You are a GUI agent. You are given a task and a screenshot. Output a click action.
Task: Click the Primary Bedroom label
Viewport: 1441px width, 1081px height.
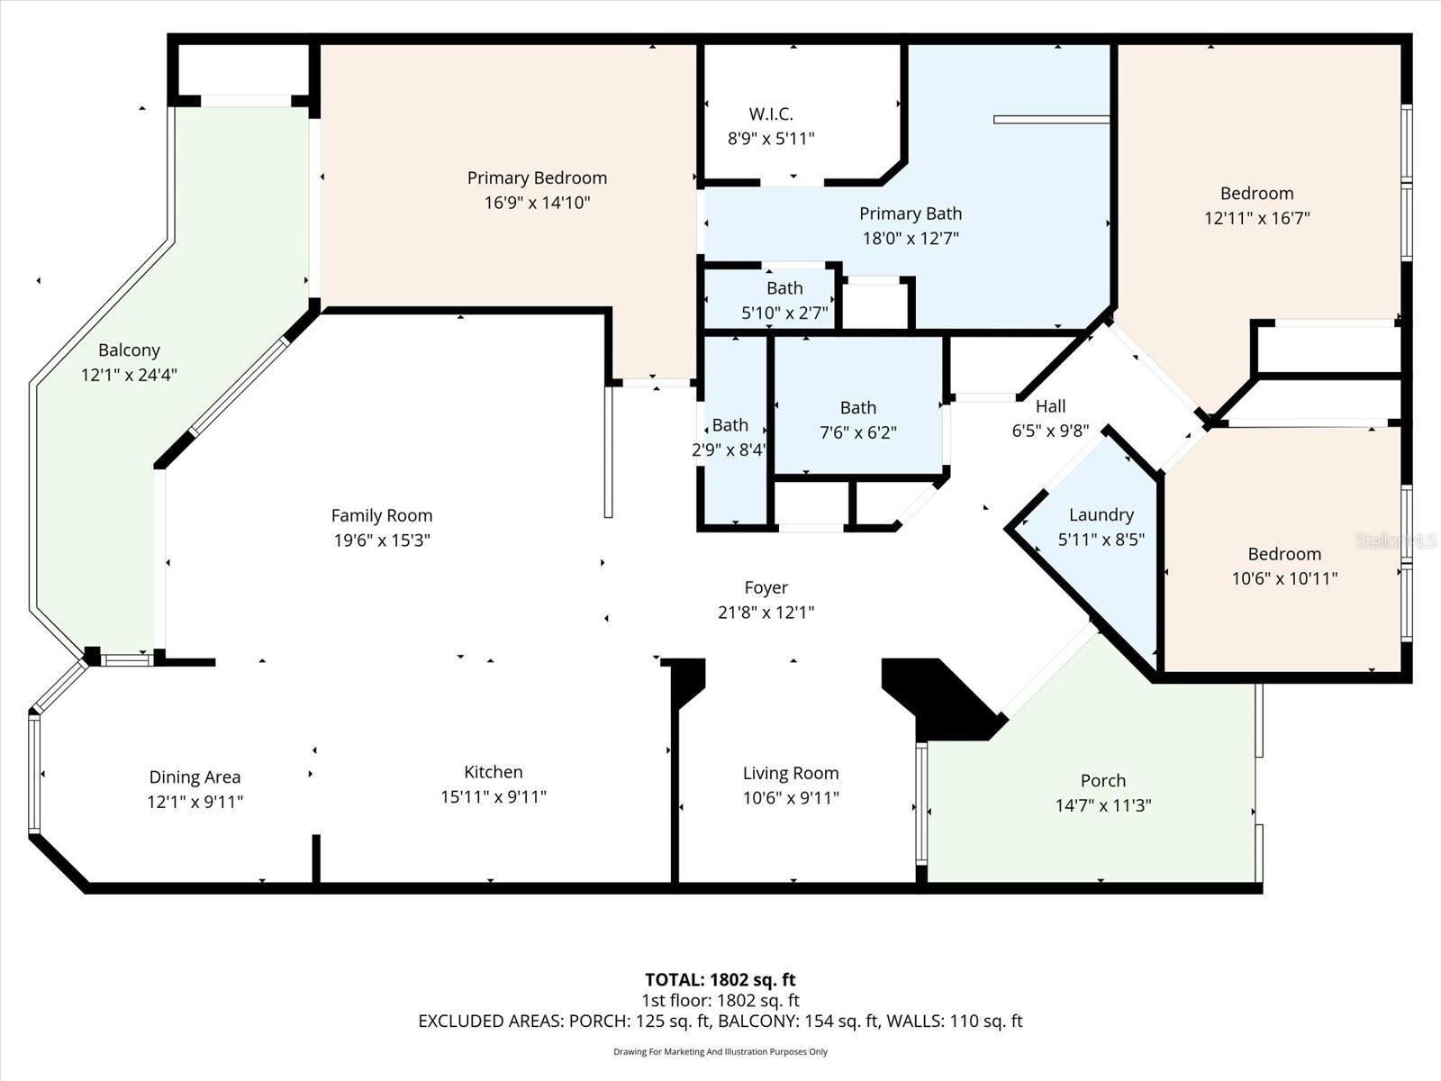(x=537, y=178)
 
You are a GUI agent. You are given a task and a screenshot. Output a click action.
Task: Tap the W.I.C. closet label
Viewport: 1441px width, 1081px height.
(x=771, y=114)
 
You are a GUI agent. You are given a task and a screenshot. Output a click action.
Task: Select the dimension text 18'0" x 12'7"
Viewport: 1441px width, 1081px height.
(x=911, y=239)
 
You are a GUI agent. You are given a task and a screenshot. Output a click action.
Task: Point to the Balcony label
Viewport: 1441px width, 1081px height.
(x=129, y=350)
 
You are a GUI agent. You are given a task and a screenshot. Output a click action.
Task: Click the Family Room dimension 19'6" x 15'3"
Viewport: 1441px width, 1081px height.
(x=381, y=540)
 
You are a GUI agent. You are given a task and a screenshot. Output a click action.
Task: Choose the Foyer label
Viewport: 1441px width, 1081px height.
(x=766, y=588)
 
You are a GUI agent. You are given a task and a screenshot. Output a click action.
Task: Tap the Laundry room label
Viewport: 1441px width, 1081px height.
(x=1101, y=515)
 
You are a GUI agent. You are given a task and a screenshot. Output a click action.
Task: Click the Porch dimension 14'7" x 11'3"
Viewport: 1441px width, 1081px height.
(x=1103, y=805)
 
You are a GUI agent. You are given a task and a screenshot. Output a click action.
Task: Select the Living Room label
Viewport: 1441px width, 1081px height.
(x=790, y=773)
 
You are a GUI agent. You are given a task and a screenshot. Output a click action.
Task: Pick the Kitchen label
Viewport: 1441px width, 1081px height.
(x=493, y=772)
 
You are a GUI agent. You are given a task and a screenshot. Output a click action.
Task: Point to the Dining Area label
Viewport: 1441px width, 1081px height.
(x=195, y=777)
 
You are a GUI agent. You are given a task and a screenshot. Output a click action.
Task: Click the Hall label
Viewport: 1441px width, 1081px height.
(x=1050, y=406)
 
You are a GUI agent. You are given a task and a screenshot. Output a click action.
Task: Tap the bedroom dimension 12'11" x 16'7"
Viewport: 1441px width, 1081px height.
(x=1256, y=218)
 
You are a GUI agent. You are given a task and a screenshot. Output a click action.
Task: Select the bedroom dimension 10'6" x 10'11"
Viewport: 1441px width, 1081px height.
(x=1284, y=578)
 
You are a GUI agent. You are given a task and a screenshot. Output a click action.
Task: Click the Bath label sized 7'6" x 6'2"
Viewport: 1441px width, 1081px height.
(x=857, y=408)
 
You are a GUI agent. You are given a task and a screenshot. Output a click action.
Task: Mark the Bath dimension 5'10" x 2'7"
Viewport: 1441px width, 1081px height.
(x=784, y=313)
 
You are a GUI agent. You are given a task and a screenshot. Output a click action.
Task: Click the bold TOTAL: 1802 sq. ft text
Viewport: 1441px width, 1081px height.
(x=720, y=979)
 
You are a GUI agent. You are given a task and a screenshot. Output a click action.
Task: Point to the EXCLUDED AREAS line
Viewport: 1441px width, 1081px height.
(x=720, y=1021)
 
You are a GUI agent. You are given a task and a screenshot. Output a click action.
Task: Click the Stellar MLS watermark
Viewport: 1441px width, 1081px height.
(x=1396, y=540)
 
